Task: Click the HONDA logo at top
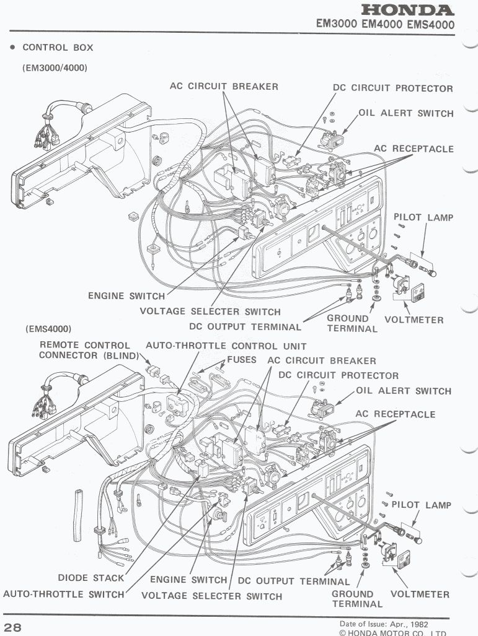point(408,11)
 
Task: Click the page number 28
point(13,627)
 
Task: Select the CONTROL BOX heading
point(58,48)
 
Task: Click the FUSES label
point(242,360)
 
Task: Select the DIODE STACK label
point(91,578)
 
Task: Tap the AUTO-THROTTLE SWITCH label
point(64,594)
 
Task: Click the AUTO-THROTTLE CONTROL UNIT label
point(226,346)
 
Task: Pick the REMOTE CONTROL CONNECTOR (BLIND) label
point(85,351)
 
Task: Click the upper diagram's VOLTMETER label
point(414,320)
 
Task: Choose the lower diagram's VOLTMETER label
point(420,595)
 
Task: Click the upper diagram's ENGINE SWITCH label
point(126,296)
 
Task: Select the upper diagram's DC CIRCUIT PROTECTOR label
point(393,89)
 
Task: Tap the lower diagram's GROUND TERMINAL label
point(352,599)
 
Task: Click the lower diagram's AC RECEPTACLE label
point(396,414)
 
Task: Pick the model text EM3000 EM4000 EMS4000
point(385,25)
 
